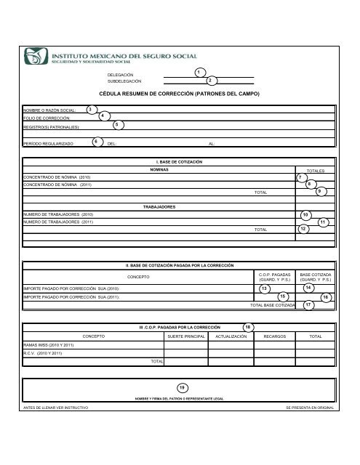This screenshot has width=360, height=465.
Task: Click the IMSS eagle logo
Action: [38, 56]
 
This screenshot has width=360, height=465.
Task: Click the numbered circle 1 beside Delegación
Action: [199, 73]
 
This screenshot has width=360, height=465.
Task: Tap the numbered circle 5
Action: [118, 126]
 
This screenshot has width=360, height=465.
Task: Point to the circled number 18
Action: [249, 328]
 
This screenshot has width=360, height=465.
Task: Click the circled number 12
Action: [304, 229]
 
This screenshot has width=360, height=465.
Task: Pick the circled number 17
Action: [308, 306]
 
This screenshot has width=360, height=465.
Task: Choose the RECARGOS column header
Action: [279, 337]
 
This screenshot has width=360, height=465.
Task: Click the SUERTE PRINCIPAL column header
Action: [185, 337]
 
